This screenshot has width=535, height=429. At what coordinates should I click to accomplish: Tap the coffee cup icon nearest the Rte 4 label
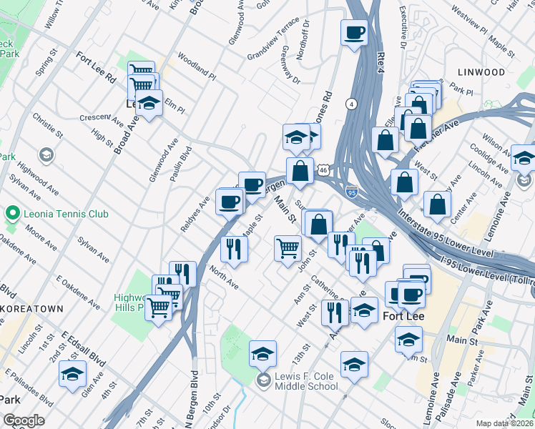coord(355,33)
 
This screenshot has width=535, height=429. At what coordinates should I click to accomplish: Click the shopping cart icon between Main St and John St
coord(288,248)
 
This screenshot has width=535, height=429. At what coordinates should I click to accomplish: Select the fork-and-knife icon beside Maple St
coord(234,248)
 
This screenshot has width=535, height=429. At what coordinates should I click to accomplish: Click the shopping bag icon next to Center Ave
coord(437,204)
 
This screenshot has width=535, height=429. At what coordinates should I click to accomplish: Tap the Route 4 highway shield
coord(351,104)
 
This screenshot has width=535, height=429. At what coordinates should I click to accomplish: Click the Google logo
coord(24,420)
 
